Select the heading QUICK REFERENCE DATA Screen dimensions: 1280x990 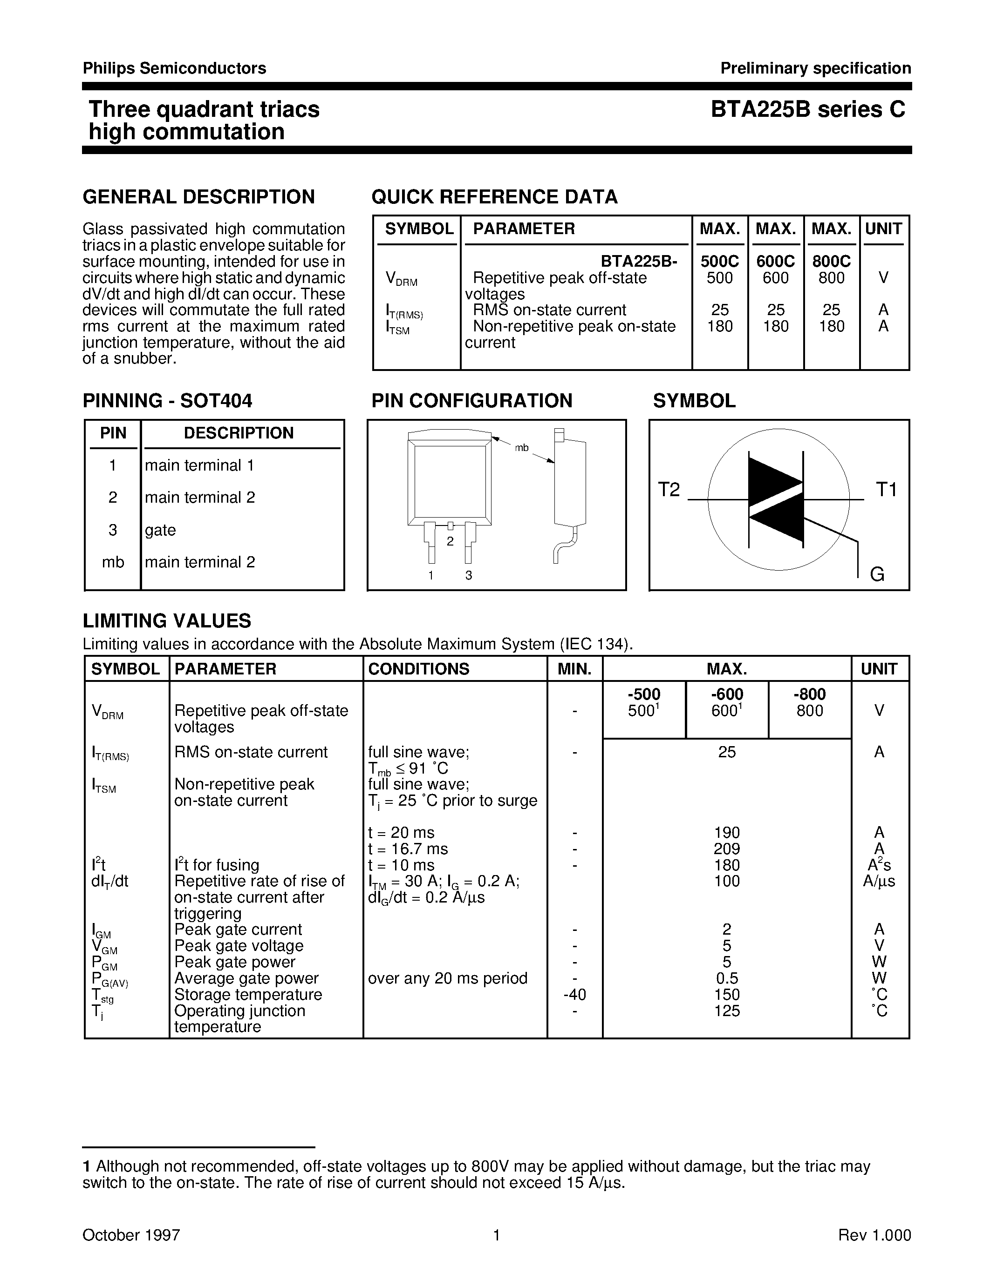pos(494,197)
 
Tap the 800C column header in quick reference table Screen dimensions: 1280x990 pos(831,262)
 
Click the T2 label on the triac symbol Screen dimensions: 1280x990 pos(669,489)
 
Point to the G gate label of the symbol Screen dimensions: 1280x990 pos(877,574)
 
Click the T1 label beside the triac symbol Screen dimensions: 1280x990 pos(886,489)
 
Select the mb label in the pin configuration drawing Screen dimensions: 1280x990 pos(521,448)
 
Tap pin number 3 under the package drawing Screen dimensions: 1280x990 pos(469,575)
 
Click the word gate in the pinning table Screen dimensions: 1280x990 pos(160,530)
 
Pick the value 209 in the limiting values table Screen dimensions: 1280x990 pos(727,849)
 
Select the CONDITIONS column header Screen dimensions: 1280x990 pos(418,669)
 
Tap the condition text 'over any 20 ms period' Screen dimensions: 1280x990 pos(448,978)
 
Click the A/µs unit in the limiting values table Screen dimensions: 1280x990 pos(879,881)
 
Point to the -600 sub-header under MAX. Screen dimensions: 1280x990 pos(727,694)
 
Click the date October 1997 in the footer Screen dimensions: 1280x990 pos(131,1235)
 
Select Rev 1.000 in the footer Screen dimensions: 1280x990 pos(874,1235)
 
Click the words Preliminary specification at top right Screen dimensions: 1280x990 pos(815,68)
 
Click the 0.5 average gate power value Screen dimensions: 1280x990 pos(727,978)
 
